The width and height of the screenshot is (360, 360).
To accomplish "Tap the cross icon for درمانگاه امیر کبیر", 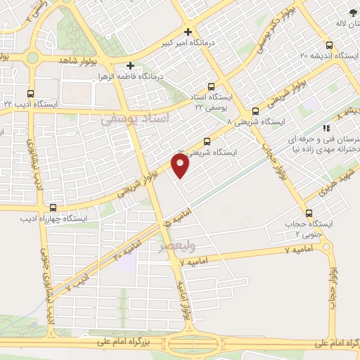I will [188, 32].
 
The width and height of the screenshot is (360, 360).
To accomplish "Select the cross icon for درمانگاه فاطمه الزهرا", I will [131, 65].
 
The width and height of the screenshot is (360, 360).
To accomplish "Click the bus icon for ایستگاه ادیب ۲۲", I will [30, 93].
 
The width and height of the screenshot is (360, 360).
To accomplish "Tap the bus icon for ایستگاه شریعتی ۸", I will [255, 110].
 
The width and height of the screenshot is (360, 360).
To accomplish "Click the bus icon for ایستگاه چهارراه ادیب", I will [53, 207].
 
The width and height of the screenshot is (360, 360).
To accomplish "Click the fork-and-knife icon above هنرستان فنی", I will [325, 128].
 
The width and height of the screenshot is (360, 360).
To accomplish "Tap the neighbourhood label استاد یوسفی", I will [136, 120].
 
